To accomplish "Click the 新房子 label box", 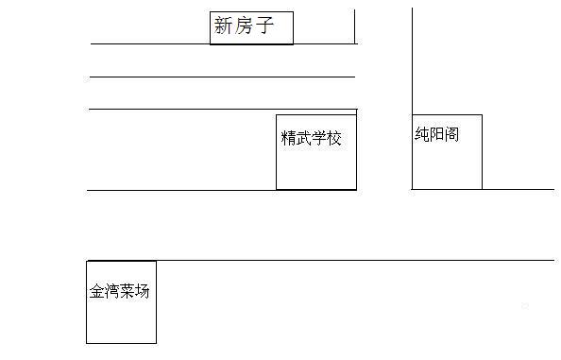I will click(251, 28).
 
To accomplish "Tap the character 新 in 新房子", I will click(224, 26).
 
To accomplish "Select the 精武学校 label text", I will click(312, 139).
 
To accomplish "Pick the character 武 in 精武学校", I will click(304, 139).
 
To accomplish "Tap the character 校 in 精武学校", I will click(334, 139).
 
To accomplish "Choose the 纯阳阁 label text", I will click(436, 134).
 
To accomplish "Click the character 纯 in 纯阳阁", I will click(421, 134).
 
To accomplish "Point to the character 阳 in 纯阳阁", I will click(436, 134).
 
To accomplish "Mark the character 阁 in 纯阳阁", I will click(451, 134).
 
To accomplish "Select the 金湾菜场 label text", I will click(120, 291).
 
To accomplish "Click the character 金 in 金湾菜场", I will click(97, 291).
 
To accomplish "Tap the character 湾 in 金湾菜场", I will click(112, 291).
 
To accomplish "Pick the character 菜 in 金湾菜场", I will click(127, 291).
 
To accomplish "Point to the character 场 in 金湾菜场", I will click(143, 291).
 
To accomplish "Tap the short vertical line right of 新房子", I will click(355, 26).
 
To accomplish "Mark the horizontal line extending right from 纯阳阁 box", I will click(518, 189).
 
